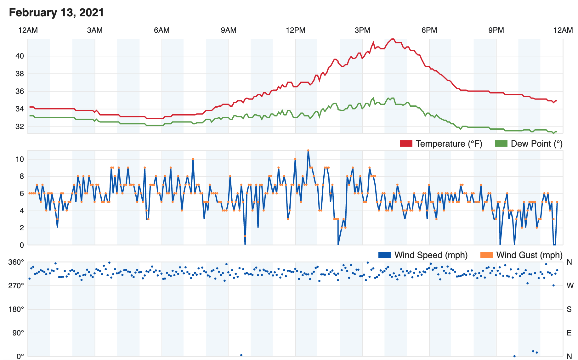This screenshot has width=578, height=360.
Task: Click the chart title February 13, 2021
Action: pos(56,13)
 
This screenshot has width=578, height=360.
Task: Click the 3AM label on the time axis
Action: pos(95,30)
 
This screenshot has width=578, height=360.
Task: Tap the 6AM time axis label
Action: pos(162,30)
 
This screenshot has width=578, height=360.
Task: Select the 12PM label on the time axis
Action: pos(296,30)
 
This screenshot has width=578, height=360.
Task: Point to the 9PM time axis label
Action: pos(496,30)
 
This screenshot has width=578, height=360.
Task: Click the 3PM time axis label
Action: pos(362,30)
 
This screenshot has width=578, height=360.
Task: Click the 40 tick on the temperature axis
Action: pos(20,56)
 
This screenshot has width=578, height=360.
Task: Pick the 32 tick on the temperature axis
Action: pos(20,127)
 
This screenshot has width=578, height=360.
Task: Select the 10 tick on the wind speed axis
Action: pos(20,159)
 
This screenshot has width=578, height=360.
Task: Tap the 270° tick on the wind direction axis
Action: pos(16,286)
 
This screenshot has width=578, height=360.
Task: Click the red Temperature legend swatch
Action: pos(406,144)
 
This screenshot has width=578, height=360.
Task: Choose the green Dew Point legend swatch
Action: pos(501,144)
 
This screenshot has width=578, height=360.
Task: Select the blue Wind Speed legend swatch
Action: pos(384,255)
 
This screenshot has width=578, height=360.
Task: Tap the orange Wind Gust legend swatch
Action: pos(486,255)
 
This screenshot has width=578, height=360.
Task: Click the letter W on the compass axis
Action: pos(570,286)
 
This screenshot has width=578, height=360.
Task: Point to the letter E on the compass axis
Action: pos(569,333)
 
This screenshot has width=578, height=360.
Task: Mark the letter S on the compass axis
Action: pos(569,309)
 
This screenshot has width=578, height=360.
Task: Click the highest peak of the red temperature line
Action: pos(392,39)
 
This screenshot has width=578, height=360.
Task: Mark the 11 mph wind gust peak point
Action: pos(308,150)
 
